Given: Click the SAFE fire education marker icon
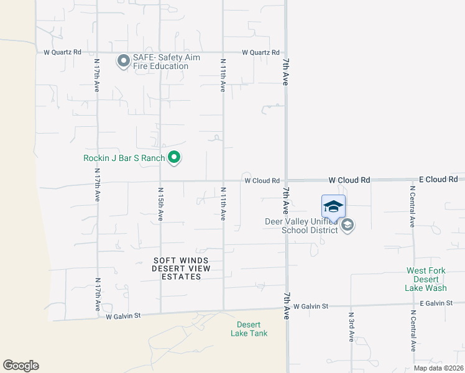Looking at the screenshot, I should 123,60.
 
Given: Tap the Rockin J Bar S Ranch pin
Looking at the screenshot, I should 175,159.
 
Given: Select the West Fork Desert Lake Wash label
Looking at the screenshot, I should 426,279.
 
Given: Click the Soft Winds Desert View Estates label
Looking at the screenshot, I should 182,269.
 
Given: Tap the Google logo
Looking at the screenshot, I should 21,366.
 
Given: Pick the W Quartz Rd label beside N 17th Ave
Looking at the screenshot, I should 62,52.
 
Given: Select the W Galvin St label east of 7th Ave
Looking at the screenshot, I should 311,306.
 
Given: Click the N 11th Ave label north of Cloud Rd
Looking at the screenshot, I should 223,75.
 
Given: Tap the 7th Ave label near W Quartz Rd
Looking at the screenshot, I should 286,72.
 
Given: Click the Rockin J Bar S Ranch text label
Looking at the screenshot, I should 124,159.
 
